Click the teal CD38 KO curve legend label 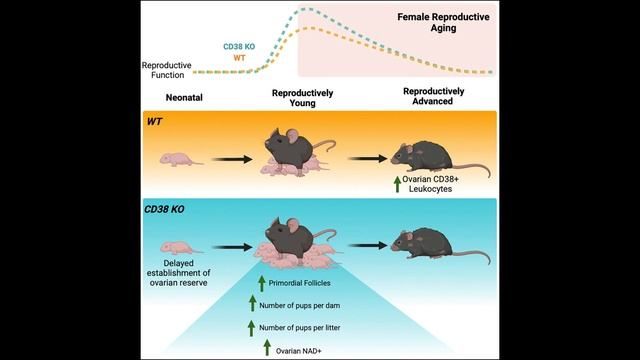coord(239,47)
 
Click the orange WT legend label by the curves coord(239,58)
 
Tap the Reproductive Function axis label coord(167,70)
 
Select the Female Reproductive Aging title coord(443,22)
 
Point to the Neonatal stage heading coord(184,98)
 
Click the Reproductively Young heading coord(302,98)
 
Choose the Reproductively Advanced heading coord(433,96)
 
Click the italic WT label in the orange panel coord(155,122)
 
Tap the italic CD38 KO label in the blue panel coord(164,209)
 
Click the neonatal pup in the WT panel coord(181,160)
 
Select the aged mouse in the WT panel coord(440,158)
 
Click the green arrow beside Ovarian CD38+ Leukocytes coord(397,184)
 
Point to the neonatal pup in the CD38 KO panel coord(181,248)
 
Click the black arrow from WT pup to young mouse coord(232,159)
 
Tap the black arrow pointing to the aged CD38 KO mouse coord(368,245)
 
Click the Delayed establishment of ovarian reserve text coord(178,273)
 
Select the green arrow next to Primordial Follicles coord(262,284)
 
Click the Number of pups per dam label coord(300,305)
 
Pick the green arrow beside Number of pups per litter coord(251,328)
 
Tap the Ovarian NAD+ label coord(298,351)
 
